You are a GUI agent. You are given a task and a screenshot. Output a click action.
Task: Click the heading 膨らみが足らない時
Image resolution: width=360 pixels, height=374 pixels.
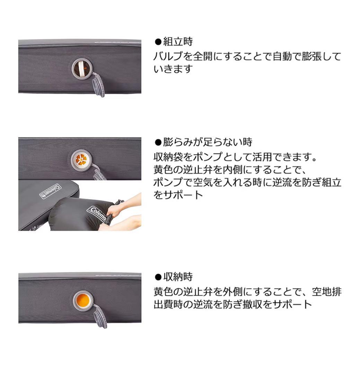208,142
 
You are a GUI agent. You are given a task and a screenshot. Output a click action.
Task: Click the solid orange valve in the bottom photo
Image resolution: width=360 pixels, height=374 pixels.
82,300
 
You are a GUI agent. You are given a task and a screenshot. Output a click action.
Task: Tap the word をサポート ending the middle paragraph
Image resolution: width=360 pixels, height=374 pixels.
178,195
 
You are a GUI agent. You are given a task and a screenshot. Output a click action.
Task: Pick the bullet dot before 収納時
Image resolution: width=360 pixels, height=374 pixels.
158,277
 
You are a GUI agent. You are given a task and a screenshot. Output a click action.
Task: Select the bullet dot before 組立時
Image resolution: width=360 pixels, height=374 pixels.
158,42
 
